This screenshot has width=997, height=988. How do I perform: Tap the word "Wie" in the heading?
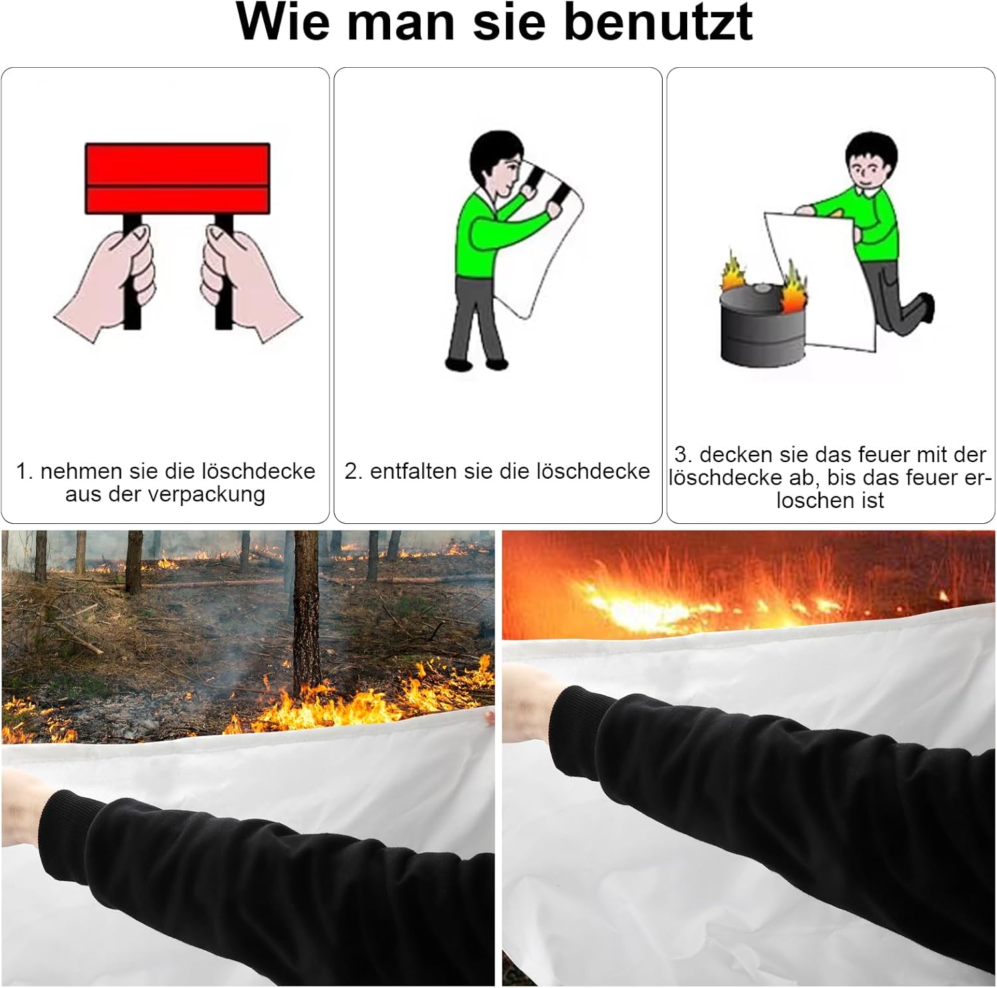(283, 21)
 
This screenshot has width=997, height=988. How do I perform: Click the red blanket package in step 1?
(177, 178)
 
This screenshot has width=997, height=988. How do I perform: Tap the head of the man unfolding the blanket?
(497, 165)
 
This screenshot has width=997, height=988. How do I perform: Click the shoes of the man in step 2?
(477, 363)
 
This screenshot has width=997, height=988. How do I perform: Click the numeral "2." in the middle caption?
(353, 471)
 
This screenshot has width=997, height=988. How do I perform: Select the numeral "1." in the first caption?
(25, 471)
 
